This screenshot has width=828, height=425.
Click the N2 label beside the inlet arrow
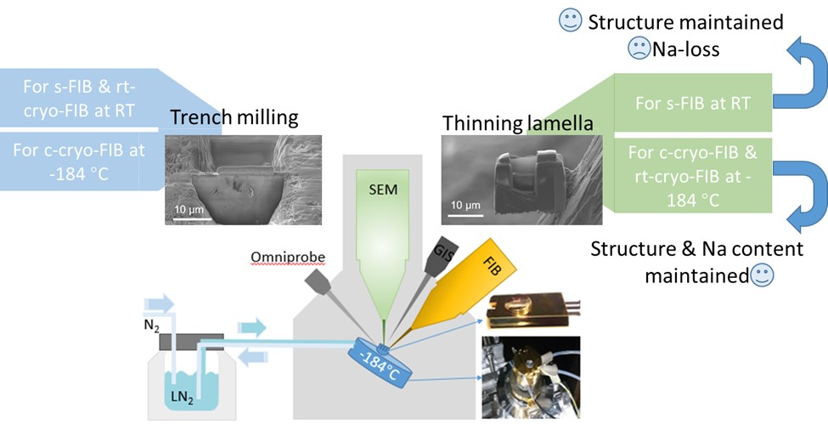tap(149, 324)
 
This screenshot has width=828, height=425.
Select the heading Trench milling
tap(235, 118)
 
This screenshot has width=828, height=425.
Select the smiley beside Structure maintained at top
tap(568, 22)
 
